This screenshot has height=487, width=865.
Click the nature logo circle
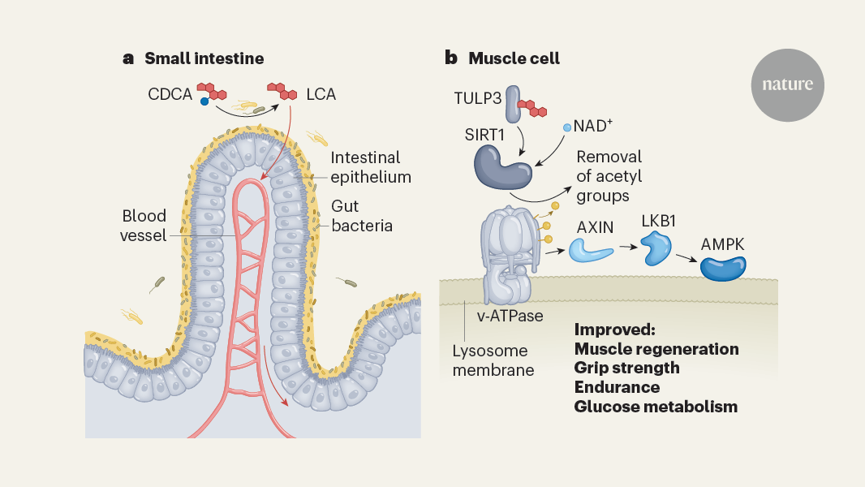(787, 84)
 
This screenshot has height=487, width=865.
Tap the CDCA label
(170, 95)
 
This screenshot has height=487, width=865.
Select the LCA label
(321, 95)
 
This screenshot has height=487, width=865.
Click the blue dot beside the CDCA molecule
(204, 101)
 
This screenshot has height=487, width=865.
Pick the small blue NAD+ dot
(567, 127)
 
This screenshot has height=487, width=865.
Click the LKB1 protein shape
(656, 248)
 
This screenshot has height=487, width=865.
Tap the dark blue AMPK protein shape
(723, 267)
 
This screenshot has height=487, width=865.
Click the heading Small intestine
(204, 58)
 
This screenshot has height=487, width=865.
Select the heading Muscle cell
(514, 58)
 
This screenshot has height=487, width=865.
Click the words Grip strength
(626, 368)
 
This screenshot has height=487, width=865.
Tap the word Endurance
(617, 387)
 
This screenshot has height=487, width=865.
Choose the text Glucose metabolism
(656, 407)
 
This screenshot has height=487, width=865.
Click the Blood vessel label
(144, 226)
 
